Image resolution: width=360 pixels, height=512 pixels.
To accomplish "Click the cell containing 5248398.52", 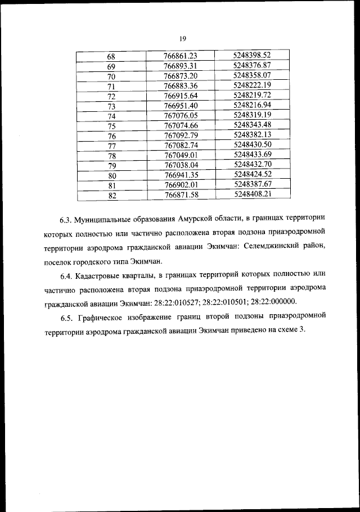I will [x=252, y=55].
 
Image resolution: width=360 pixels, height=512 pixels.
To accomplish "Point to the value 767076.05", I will [x=181, y=116].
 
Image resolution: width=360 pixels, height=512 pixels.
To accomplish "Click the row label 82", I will [x=111, y=195].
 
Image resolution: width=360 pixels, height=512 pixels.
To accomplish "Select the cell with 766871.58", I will [x=181, y=194].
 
